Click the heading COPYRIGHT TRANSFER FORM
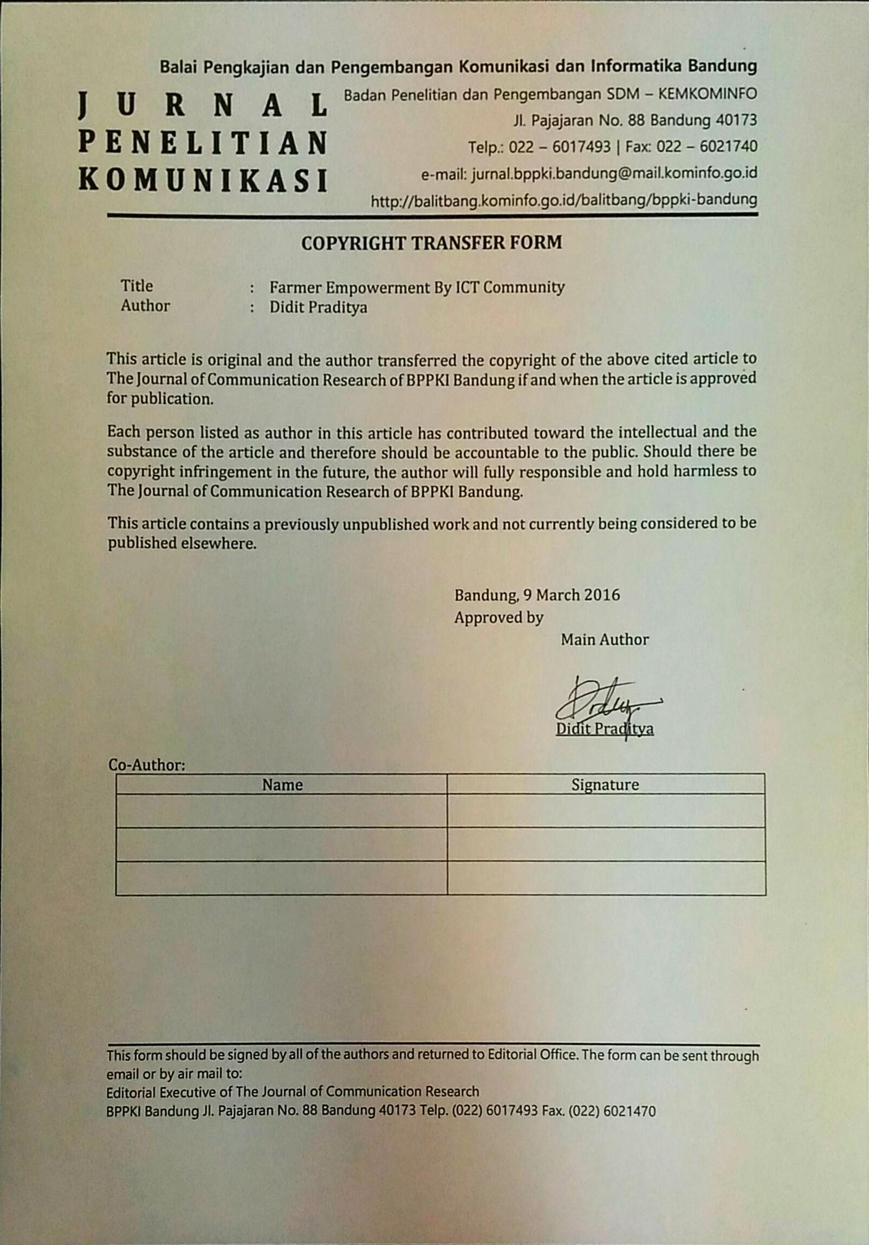431,242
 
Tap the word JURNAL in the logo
203,105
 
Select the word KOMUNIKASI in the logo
203,180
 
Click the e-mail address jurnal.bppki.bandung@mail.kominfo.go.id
614,173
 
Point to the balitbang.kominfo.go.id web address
564,201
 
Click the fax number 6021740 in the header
728,146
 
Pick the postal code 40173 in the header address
736,120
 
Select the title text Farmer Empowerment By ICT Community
417,287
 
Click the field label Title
137,286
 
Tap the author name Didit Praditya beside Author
318,307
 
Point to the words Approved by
499,617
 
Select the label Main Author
605,640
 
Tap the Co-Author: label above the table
147,765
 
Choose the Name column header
282,785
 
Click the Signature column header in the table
605,785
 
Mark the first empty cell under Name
281,811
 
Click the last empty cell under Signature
606,878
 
